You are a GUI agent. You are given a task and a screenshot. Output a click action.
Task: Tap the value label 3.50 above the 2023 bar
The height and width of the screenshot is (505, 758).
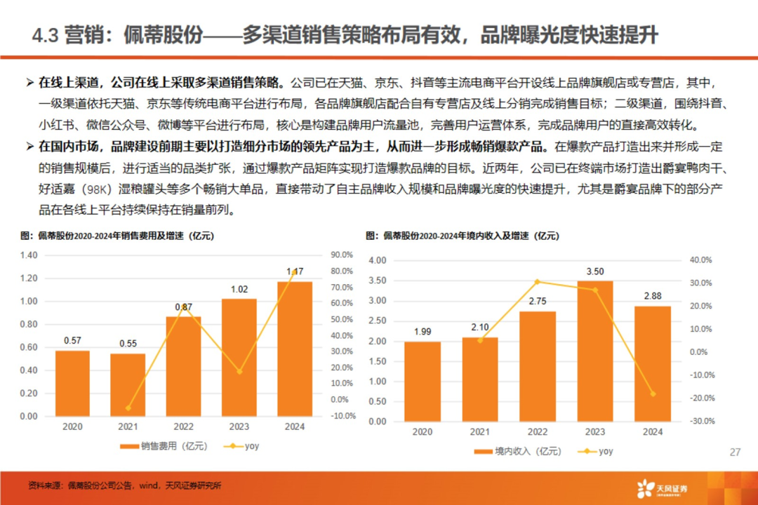pyautogui.click(x=595, y=271)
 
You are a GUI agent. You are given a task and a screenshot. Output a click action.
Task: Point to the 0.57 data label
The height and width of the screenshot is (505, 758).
pyautogui.click(x=72, y=341)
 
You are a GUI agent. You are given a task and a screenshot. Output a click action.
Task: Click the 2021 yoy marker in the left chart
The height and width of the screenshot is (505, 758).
pyautogui.click(x=128, y=408)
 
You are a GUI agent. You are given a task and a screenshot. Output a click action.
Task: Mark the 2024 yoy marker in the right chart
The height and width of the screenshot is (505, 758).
pyautogui.click(x=652, y=394)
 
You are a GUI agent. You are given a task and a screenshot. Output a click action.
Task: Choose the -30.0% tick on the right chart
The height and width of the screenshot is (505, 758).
pyautogui.click(x=701, y=422)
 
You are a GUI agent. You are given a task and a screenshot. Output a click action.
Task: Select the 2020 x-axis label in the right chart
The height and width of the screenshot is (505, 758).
pyautogui.click(x=423, y=432)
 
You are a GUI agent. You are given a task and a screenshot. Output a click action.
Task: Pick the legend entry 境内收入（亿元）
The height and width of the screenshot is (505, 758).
pyautogui.click(x=516, y=451)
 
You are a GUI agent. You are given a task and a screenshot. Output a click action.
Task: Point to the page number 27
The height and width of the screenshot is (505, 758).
pyautogui.click(x=735, y=452)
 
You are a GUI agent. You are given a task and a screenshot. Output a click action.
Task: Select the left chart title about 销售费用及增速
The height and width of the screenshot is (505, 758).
pyautogui.click(x=114, y=236)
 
